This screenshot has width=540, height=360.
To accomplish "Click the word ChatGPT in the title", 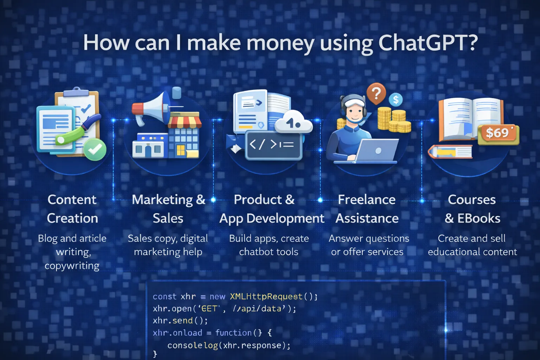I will coord(428,43).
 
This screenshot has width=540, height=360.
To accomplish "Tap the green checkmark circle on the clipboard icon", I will coord(95,149).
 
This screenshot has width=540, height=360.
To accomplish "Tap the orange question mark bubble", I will coord(376,93).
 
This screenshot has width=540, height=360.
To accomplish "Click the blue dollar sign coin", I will coord(396,100).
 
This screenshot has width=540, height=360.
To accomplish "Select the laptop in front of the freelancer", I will coord(376,150).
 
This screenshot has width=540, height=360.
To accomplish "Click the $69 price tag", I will coord(498,133).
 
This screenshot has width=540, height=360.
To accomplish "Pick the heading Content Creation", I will coord(72,209).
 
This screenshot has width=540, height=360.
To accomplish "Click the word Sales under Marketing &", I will coord(168,218).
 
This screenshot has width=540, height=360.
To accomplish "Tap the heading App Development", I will coord(271,218).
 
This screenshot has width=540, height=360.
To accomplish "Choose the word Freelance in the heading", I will coord(367,200).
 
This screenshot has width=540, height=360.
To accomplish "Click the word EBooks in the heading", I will coord(478,218).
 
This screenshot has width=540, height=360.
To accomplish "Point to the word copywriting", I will coord(72,265).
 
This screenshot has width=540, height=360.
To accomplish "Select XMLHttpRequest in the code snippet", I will coord(266,296).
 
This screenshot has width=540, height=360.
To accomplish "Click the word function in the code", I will coord(233,333).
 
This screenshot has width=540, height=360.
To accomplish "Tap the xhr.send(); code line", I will coord(180,321).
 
